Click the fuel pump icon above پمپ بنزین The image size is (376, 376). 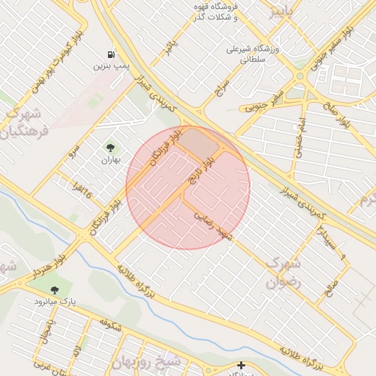tap(110, 54)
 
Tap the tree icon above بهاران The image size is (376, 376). tap(111, 148)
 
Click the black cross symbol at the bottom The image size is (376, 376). tap(241, 365)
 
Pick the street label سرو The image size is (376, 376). tap(71, 152)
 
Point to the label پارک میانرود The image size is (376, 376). tap(57, 302)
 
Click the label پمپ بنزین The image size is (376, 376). tap(110, 66)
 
